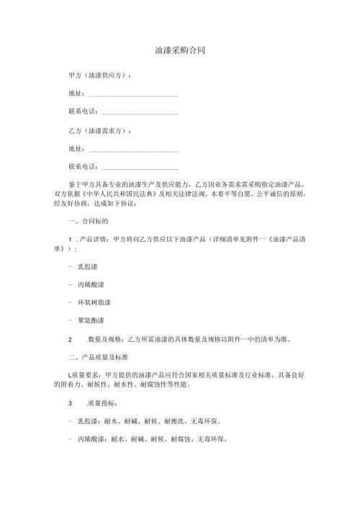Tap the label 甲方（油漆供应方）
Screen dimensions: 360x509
pos(99,76)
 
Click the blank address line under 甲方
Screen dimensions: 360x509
pos(133,94)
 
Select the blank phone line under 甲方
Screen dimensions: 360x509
pos(140,112)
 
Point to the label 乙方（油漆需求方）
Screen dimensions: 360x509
pos(99,131)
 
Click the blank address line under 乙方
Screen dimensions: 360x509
pos(133,150)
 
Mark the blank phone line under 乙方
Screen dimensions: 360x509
pos(140,168)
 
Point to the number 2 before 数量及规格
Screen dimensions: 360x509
pos(69,338)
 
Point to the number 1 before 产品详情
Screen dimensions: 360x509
pos(69,239)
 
